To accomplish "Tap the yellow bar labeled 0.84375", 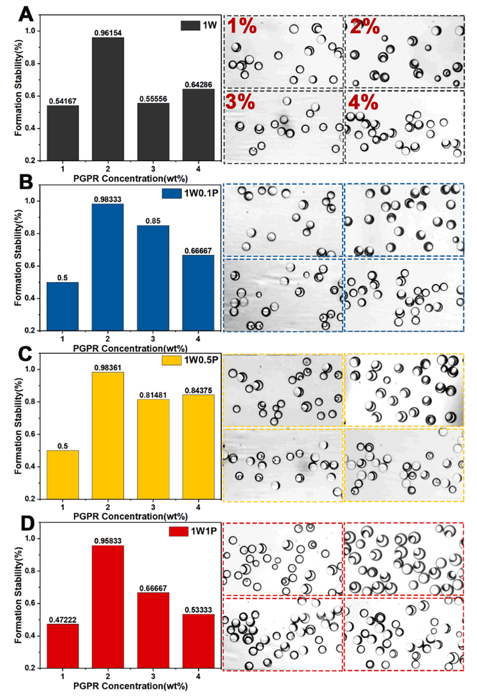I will click(x=198, y=446).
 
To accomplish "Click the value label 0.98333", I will click(x=108, y=199).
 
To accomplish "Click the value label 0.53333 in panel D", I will click(x=198, y=610).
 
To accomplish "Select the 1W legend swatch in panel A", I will click(x=190, y=25).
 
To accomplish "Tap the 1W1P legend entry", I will click(x=193, y=531).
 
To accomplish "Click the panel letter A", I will click(x=26, y=14).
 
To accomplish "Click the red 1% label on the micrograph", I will click(x=242, y=26).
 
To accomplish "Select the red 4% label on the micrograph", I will click(x=363, y=102).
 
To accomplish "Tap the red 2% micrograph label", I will click(x=365, y=26).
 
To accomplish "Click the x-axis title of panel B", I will click(x=130, y=348).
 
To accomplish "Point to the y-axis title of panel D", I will click(x=18, y=595).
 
